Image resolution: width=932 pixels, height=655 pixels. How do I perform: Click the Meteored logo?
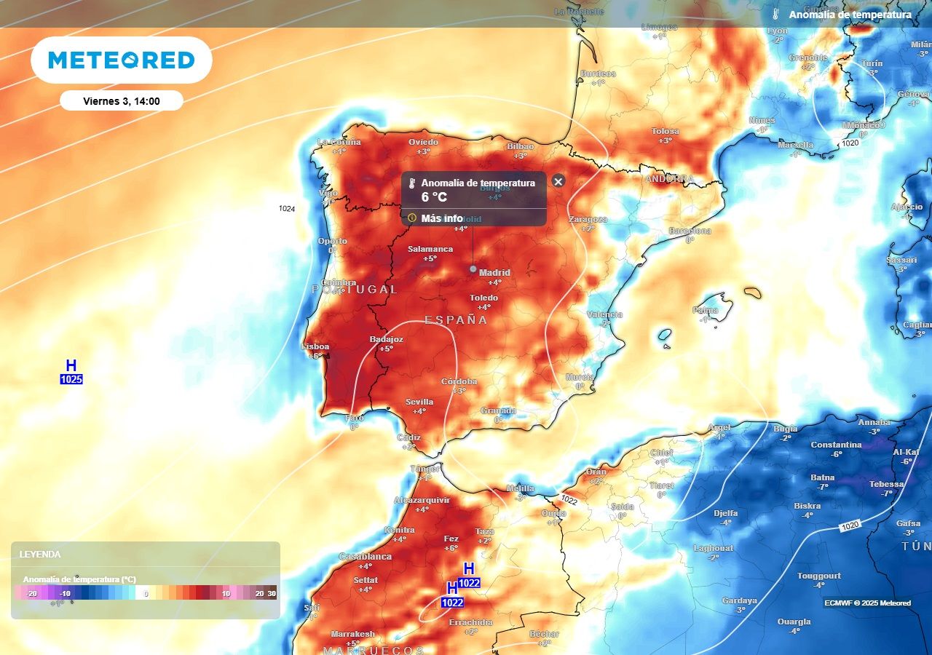pos(122,60)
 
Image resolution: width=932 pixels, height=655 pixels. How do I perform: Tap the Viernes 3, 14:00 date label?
pos(122,101)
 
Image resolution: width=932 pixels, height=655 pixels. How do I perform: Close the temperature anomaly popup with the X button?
pos(558,181)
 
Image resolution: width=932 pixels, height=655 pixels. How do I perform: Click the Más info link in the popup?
pos(442,218)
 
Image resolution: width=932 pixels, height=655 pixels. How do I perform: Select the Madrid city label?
pos(494,273)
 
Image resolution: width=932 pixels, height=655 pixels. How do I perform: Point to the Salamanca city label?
pos(430,249)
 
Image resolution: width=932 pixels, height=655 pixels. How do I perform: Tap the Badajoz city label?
pos(386,339)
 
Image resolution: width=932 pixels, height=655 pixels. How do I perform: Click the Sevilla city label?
pos(419,402)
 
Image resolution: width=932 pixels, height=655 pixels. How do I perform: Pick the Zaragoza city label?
pos(588,219)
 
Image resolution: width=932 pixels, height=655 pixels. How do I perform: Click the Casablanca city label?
pos(365,557)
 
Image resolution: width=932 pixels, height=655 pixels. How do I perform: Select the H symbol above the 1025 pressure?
pos(71,365)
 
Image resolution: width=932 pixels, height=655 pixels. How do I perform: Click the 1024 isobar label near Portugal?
pos(287,209)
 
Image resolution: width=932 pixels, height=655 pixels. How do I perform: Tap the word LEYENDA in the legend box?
pos(40,555)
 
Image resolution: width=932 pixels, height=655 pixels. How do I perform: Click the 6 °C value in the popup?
pos(434,196)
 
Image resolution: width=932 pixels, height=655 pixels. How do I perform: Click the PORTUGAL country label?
pos(355,290)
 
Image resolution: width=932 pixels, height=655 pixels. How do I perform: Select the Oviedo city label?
pos(423,142)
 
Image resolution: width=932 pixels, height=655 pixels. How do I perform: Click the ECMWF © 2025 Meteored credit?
pos(867,603)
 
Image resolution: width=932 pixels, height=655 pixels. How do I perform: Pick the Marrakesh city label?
pos(352,634)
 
